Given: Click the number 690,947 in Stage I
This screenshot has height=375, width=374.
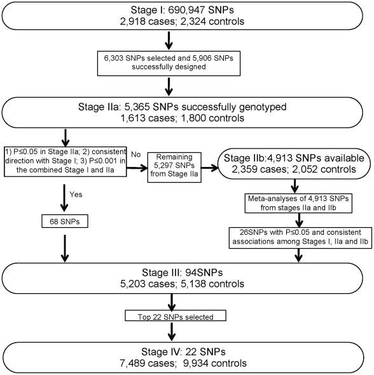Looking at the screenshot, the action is tap(186, 10).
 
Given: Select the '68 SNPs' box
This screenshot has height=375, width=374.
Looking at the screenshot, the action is tap(65, 221).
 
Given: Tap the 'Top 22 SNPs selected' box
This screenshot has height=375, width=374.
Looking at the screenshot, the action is tap(176, 316).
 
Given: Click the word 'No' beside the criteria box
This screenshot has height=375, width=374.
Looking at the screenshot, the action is tap(135, 154).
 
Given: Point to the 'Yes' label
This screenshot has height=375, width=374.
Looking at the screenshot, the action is tap(76, 194).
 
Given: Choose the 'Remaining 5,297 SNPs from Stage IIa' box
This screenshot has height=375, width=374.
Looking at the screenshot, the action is tap(174, 168).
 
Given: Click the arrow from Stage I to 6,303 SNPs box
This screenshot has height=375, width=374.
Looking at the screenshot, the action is tap(169, 41).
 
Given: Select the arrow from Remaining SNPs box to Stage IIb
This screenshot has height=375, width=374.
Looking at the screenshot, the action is tap(210, 168).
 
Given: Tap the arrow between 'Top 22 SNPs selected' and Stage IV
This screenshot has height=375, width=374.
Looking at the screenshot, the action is tap(172, 331).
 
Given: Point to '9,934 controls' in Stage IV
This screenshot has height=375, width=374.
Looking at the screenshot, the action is tap(215, 363).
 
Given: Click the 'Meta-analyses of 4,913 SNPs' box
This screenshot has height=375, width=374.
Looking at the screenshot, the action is tap(298, 203).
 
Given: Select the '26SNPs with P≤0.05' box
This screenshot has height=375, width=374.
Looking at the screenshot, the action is tap(300, 238).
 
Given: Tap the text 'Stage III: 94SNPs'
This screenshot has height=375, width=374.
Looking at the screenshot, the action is tap(182, 272).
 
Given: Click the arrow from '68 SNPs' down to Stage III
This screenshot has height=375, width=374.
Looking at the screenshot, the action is tap(65, 249).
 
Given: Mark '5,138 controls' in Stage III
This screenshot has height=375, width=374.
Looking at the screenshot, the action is tap(212, 284).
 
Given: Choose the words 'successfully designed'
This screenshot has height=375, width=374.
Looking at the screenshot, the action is tap(169, 67).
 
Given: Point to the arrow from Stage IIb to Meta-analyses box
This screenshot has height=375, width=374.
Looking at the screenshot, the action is tap(295, 186).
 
